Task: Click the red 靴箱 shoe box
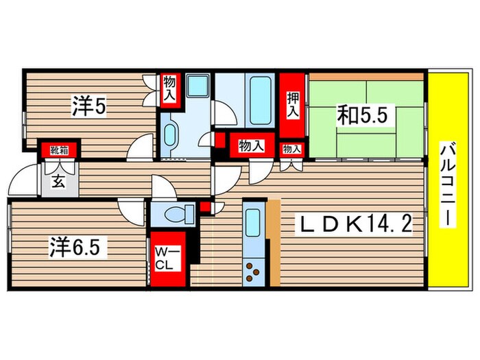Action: pyautogui.click(x=59, y=149)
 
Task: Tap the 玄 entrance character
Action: pyautogui.click(x=59, y=182)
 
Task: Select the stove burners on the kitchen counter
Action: pyautogui.click(x=254, y=272)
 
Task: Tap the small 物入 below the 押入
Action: pyautogui.click(x=291, y=148)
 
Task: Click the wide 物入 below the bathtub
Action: pyautogui.click(x=250, y=145)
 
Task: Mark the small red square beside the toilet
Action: pyautogui.click(x=206, y=208)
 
